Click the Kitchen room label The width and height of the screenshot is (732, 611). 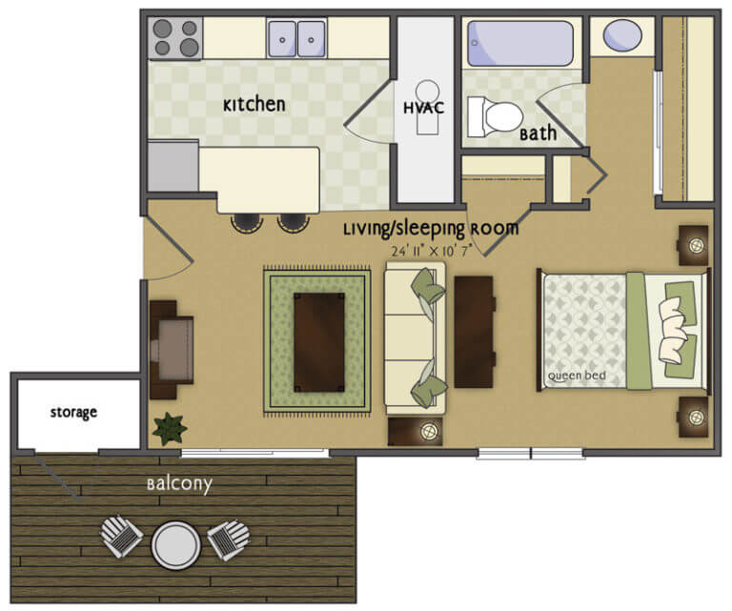(x=254, y=104)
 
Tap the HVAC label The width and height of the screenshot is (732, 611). (x=424, y=108)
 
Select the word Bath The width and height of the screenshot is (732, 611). (x=538, y=134)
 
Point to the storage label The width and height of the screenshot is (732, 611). (x=73, y=413)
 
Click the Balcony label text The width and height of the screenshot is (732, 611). (x=179, y=483)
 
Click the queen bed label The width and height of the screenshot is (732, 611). (x=576, y=376)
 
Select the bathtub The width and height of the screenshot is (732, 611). (x=519, y=44)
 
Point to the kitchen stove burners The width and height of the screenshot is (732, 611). (x=175, y=38)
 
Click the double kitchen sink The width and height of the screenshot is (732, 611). (x=296, y=39)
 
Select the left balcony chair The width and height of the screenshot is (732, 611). (x=122, y=536)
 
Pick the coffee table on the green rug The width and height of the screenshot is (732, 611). (x=318, y=341)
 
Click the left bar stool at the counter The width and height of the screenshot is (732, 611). (x=246, y=221)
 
